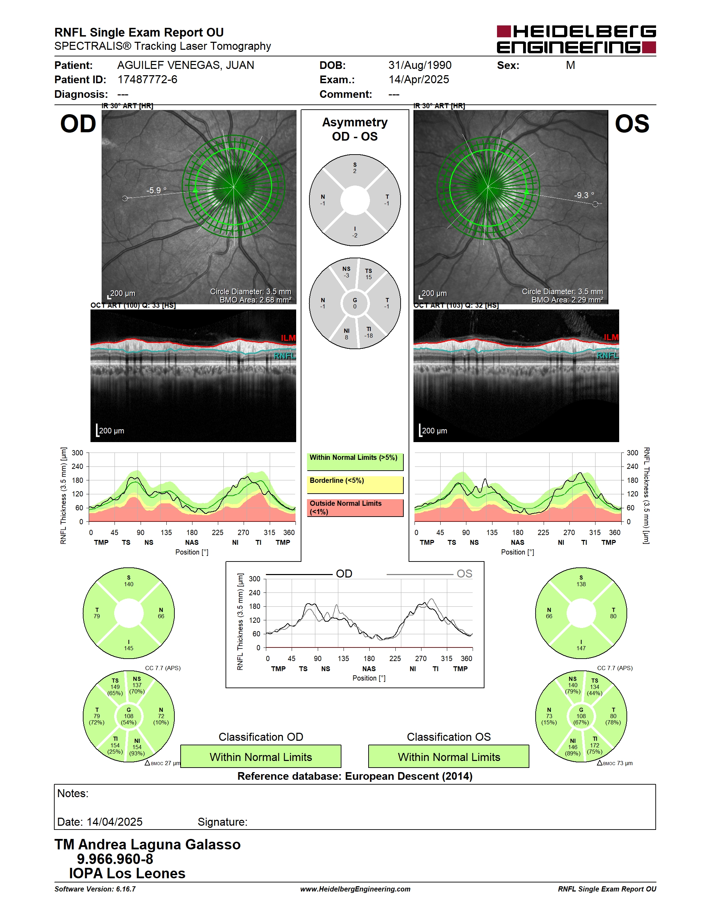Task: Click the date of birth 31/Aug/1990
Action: tap(420, 65)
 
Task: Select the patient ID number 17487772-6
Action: tap(147, 79)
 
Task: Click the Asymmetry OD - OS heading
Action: tap(355, 129)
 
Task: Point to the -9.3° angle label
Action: tap(584, 195)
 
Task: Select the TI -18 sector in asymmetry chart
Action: tap(369, 332)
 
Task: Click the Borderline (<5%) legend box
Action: tap(355, 484)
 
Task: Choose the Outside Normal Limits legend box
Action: tap(355, 508)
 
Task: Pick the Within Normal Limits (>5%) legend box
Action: tap(355, 462)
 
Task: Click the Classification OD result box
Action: tap(261, 756)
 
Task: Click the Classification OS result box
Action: tap(449, 756)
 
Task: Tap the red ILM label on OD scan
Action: tap(288, 338)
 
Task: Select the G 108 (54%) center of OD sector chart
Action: tap(129, 716)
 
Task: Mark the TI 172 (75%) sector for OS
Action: tap(595, 745)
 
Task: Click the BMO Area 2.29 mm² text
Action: tap(567, 300)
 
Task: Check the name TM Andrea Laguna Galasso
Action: tap(148, 845)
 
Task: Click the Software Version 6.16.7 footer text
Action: tap(95, 889)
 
